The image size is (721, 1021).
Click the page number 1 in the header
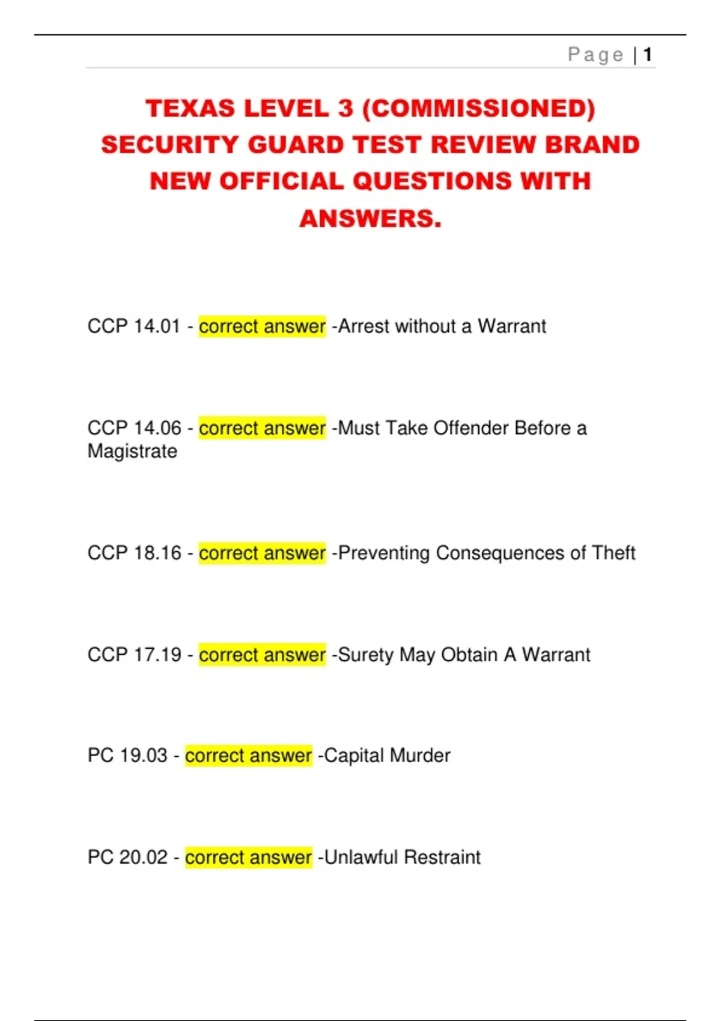point(647,55)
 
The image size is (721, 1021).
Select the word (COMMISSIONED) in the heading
point(479,109)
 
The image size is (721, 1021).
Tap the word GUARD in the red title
point(295,145)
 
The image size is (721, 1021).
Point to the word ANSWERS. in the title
point(370,219)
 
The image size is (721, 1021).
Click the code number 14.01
point(157,327)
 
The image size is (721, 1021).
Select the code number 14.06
point(157,428)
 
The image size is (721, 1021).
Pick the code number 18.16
point(157,553)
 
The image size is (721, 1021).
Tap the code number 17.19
point(157,655)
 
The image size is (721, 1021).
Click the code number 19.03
point(143,756)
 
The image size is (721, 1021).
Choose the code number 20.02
point(143,857)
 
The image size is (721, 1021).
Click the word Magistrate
point(132,452)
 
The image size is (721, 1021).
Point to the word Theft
point(613,553)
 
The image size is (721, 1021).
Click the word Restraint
point(442,857)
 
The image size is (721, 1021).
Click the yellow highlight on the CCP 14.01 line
point(262,327)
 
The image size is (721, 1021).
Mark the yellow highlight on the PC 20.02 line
point(248,857)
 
